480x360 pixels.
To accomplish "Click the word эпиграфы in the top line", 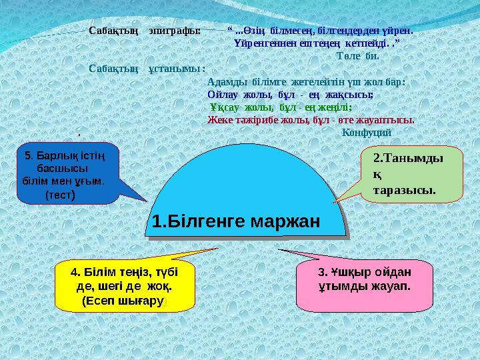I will point(174,31).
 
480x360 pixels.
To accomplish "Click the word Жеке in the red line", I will point(219,120).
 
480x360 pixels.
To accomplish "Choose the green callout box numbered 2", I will point(410,175).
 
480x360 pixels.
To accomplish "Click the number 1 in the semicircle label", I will point(155,221).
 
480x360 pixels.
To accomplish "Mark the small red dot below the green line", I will point(78,135).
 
